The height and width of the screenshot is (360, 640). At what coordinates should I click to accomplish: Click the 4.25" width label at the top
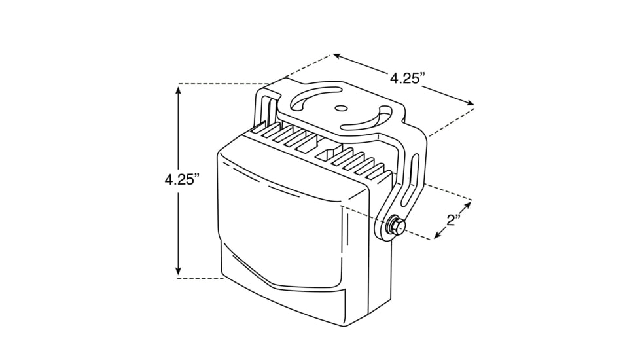[x=408, y=78]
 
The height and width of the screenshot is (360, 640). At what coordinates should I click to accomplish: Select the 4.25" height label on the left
[x=182, y=180]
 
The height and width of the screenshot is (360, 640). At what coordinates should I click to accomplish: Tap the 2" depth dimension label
[x=453, y=219]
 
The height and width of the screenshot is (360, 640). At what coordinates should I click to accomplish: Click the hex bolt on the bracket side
[x=395, y=226]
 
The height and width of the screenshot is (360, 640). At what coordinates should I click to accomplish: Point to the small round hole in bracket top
[x=340, y=109]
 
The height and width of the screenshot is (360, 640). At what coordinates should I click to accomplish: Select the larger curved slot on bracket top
[x=315, y=99]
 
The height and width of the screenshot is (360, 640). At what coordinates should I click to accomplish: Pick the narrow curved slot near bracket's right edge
[x=370, y=121]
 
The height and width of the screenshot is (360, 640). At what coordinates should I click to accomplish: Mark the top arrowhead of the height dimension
[x=178, y=90]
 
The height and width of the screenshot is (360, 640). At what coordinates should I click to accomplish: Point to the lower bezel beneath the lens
[x=281, y=288]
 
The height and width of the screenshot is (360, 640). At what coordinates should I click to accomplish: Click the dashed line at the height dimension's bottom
[x=200, y=278]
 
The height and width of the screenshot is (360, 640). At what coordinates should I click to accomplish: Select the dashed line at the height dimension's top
[x=222, y=84]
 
